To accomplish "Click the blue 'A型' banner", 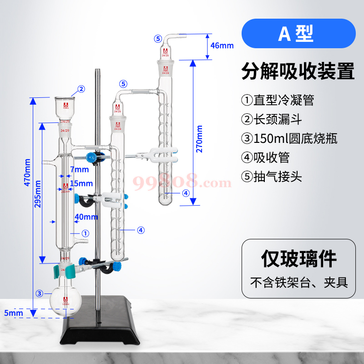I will point(298,35).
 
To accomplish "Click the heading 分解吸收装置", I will point(298,71).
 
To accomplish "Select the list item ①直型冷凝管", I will point(278,99).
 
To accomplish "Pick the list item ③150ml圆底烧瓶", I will point(289,138).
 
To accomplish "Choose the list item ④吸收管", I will point(266,157).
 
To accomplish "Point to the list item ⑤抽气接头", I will point(272,177).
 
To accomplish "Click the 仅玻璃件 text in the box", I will point(298,258).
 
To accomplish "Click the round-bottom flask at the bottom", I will point(66,301).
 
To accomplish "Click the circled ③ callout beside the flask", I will point(40,293).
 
